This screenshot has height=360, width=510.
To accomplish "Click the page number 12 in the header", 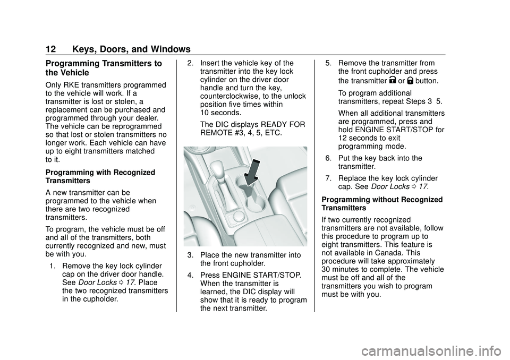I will coord(50,49).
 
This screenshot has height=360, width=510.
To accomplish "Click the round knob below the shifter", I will coord(239,216).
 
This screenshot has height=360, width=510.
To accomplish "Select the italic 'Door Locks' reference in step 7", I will coord(389,187).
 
